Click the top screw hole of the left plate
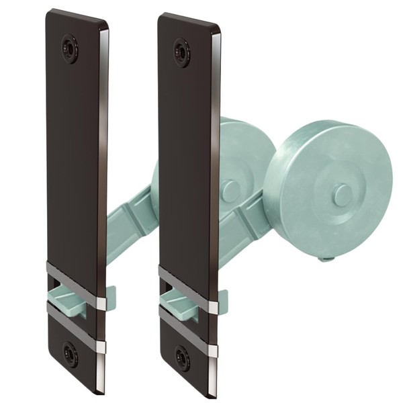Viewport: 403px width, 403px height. (69, 48)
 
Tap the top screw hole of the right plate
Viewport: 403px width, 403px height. (181, 51)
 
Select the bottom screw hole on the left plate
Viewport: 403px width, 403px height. (69, 353)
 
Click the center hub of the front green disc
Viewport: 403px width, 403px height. (342, 195)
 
